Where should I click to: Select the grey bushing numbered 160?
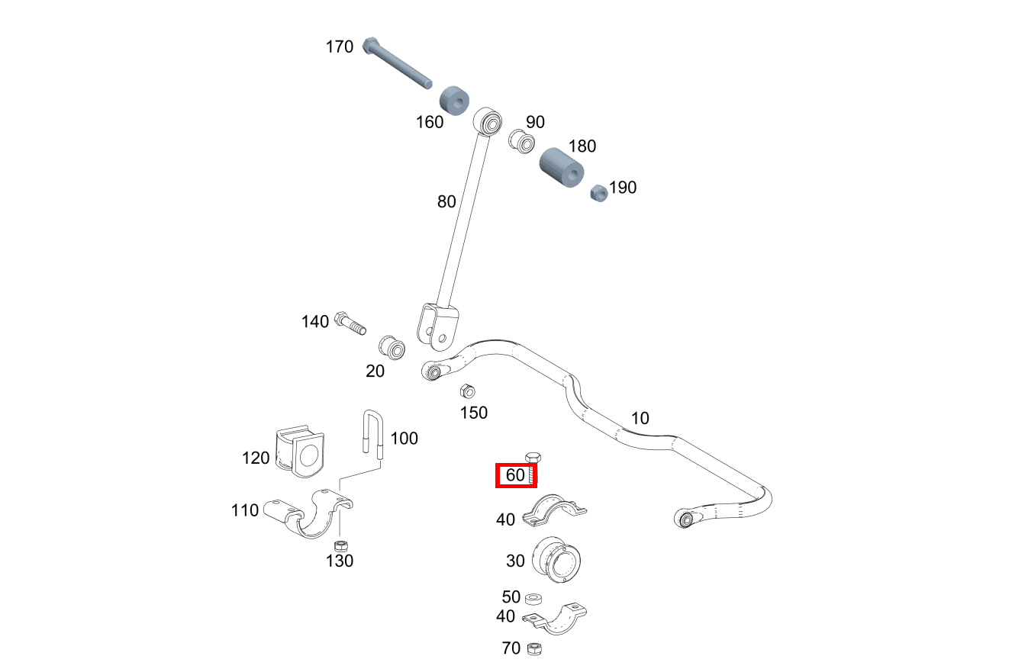point(453,101)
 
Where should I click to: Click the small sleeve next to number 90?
point(521,140)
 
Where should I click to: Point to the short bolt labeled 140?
point(350,323)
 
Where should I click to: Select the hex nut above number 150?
point(467,391)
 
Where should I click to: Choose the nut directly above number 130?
point(343,545)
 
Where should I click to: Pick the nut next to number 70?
point(535,648)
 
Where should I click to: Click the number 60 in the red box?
point(515,475)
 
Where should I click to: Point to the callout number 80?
point(446,201)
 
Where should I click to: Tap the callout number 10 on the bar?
point(640,418)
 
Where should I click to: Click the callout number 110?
point(245,510)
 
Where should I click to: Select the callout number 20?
point(375,371)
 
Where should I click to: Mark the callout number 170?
point(339,47)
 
